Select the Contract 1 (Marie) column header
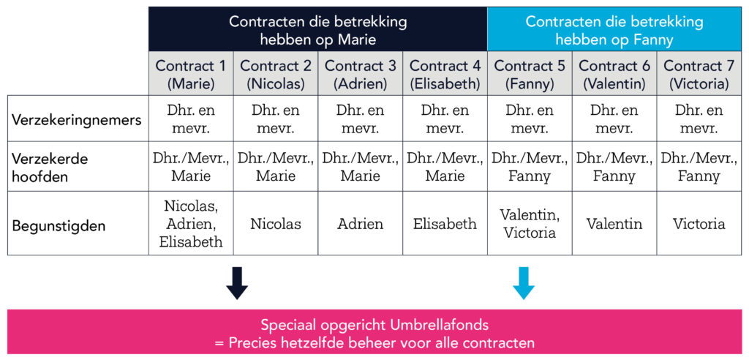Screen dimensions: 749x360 click(191, 74)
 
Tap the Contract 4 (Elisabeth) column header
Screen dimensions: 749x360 click(445, 74)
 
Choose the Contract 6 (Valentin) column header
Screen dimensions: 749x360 click(614, 74)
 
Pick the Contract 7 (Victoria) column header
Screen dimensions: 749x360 click(699, 74)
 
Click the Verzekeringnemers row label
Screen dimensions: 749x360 click(77, 119)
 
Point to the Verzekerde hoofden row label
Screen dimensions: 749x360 click(50, 168)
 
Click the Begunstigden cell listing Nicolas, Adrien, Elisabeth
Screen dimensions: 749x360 click(191, 224)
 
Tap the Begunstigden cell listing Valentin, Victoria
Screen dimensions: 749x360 click(530, 224)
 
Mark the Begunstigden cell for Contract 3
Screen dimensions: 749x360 click(361, 224)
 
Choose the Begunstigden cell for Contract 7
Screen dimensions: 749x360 click(699, 224)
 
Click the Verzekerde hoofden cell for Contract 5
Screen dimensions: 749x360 click(530, 167)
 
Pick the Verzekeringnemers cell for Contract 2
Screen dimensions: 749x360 click(276, 119)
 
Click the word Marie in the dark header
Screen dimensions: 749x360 click(357, 40)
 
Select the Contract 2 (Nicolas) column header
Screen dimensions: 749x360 click(276, 74)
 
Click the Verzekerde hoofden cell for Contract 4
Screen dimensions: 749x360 click(445, 167)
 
